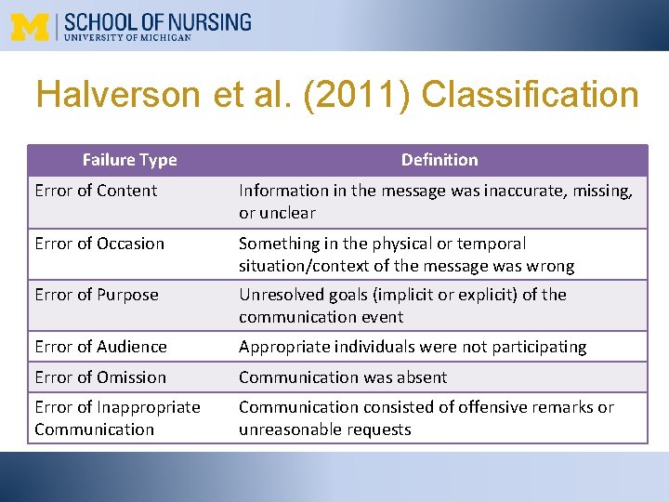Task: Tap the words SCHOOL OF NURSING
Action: tap(157, 21)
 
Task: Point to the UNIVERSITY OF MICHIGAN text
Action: tap(128, 38)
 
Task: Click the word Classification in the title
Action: tap(530, 96)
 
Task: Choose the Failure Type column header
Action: tap(129, 160)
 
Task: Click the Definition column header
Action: tap(439, 160)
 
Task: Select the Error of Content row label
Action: tap(96, 191)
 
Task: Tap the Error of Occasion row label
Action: tap(99, 244)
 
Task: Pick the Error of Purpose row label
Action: tap(97, 295)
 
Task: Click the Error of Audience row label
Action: tap(100, 347)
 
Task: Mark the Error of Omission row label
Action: tap(100, 377)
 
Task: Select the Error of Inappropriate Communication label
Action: tap(117, 418)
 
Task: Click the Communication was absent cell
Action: tap(343, 377)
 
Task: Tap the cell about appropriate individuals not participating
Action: tap(413, 347)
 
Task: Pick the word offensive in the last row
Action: tap(507, 407)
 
